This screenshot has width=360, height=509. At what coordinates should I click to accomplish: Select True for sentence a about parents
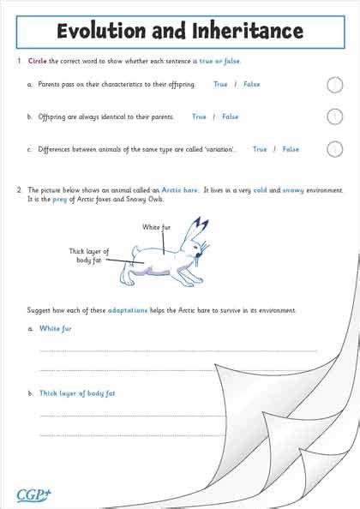220,85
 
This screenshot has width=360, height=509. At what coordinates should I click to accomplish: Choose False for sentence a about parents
251,85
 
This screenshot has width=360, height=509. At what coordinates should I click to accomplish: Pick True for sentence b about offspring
200,117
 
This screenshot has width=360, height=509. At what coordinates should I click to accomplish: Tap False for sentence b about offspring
230,117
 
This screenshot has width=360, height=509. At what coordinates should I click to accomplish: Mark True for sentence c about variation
260,149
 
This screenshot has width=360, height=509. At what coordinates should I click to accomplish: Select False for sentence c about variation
291,149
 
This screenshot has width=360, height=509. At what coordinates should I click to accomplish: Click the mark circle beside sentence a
335,85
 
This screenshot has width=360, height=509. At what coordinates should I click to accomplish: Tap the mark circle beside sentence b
335,117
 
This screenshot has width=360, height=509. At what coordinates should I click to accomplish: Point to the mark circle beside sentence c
335,149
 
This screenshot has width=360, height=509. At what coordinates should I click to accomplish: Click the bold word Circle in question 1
37,62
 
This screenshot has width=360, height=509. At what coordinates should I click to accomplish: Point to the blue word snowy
293,189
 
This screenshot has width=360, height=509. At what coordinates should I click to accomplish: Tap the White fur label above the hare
157,227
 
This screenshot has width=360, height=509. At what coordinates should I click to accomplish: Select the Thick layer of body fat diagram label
89,254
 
